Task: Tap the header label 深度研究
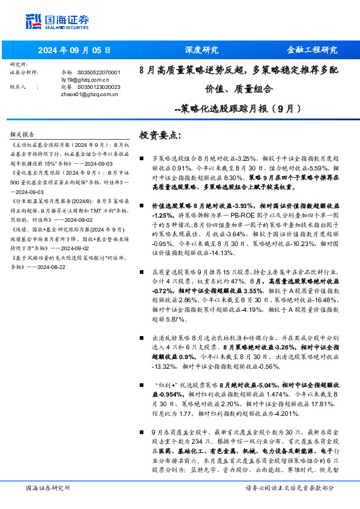click(x=201, y=50)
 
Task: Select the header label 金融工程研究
click(x=312, y=50)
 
